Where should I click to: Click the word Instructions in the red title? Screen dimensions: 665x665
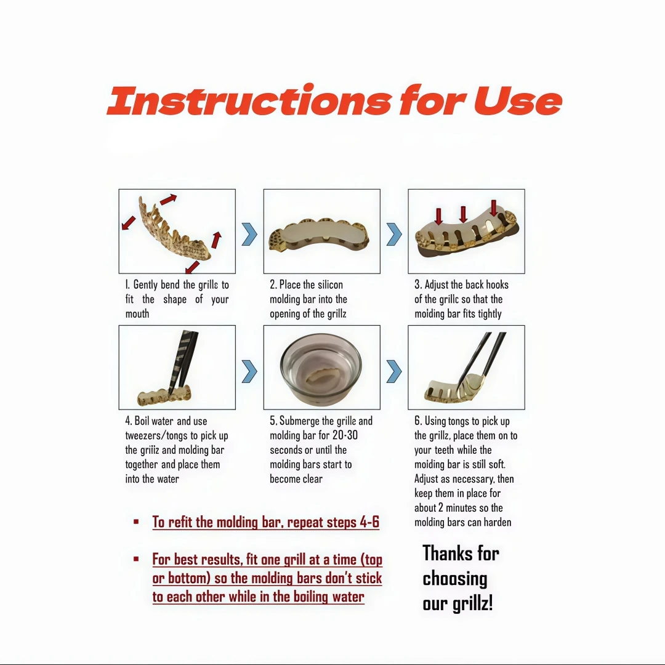(249, 100)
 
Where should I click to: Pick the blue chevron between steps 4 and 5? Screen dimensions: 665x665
(249, 371)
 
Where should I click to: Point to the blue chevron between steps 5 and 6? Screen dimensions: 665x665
(394, 371)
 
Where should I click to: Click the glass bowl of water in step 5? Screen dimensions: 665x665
(321, 369)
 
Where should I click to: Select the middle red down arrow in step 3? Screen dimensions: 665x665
(463, 215)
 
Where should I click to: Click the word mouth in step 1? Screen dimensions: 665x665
(137, 314)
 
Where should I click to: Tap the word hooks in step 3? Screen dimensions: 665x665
(497, 284)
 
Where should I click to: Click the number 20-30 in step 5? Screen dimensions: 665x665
(345, 435)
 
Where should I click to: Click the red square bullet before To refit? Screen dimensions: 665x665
(136, 522)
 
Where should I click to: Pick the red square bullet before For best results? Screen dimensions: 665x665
(136, 558)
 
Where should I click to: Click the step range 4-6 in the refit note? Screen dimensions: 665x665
(369, 522)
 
